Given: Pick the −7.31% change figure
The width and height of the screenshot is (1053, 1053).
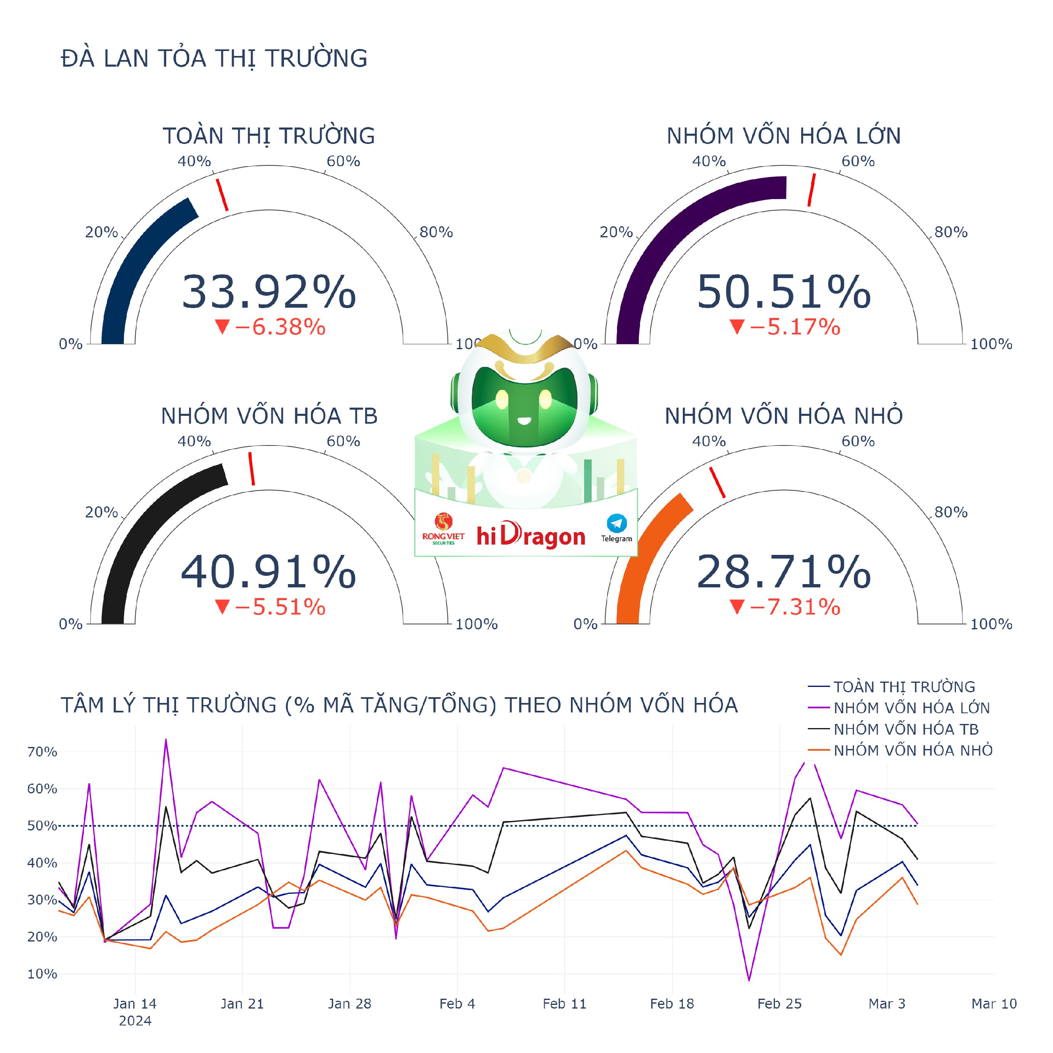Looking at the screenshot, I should tap(785, 607).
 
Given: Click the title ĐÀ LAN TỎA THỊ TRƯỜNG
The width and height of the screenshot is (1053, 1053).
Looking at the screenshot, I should tap(214, 58).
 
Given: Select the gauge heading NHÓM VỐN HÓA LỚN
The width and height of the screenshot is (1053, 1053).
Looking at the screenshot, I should tap(783, 136).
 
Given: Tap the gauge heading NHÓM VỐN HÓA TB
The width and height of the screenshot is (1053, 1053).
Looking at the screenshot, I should tap(269, 416).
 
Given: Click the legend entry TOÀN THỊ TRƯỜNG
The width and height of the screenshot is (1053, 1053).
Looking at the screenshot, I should tap(904, 687).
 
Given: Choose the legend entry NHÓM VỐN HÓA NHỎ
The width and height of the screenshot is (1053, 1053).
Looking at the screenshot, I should tap(912, 751).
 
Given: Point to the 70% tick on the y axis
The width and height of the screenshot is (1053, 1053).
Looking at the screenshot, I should tap(42, 752).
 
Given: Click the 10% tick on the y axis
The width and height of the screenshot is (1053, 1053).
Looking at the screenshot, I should tap(42, 974).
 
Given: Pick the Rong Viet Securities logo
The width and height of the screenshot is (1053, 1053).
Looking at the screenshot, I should tap(443, 528).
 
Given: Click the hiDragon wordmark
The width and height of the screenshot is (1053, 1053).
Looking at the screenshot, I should tap(530, 536).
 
